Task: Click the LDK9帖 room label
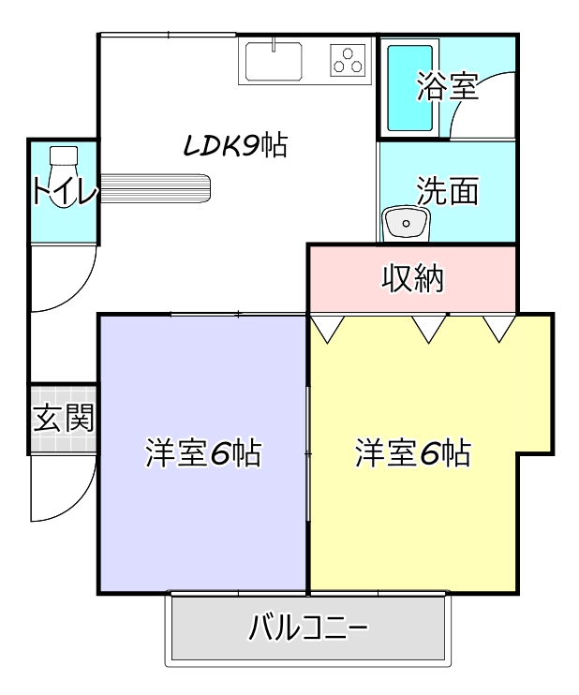pos(234,146)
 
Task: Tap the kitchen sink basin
pos(274,62)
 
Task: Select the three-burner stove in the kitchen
pos(349,61)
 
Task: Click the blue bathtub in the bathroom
pos(410,87)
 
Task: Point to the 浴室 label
pos(448,87)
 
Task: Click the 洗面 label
pos(448,190)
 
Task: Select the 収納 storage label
pos(412,278)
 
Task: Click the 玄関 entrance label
pos(63,418)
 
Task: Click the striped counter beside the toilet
pos(155,190)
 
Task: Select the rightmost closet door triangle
pos(499,327)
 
